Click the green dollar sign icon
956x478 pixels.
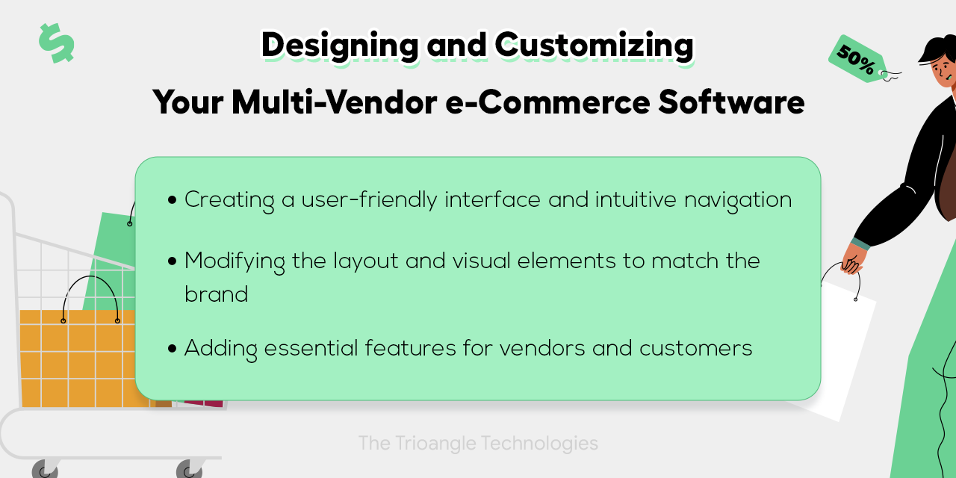click(x=56, y=43)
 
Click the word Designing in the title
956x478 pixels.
click(x=339, y=46)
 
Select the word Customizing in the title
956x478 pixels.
click(x=594, y=46)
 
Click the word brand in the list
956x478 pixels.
click(x=216, y=294)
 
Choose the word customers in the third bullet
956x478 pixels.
click(x=695, y=348)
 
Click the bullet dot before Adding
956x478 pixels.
click(x=173, y=349)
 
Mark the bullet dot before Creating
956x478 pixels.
click(x=173, y=201)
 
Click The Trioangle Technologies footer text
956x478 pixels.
click(x=478, y=443)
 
